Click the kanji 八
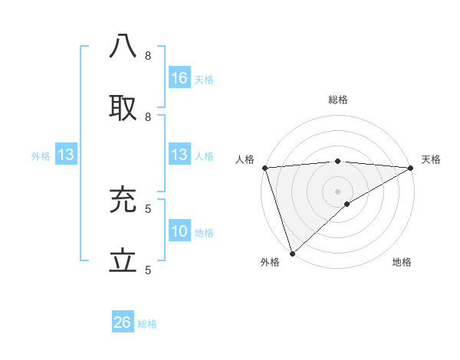point(123,47)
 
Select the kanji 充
point(123,200)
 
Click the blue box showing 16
point(179,77)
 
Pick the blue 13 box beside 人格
point(179,155)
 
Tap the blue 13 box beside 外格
point(65,155)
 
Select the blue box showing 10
point(179,231)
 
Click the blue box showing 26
point(122,322)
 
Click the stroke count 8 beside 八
point(148,55)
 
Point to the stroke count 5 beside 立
point(148,270)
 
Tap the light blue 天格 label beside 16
point(204,79)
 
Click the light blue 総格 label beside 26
point(147,324)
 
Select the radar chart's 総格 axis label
point(337,100)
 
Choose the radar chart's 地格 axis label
point(402,262)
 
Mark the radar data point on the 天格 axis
point(411,168)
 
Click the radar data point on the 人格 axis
point(264,168)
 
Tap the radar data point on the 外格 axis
point(292,253)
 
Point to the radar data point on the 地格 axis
point(347,204)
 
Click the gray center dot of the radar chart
point(337,191)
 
